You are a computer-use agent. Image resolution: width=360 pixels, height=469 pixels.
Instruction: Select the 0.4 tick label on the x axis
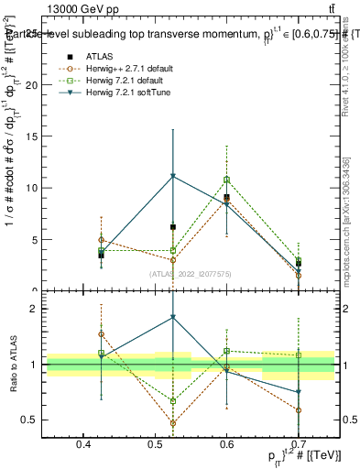[83, 444]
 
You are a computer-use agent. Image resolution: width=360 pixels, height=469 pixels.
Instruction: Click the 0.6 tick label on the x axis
[226, 444]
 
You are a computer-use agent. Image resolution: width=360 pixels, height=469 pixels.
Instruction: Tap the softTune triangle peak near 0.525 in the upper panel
[172, 176]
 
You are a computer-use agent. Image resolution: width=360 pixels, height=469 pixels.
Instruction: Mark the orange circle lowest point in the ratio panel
[172, 423]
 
